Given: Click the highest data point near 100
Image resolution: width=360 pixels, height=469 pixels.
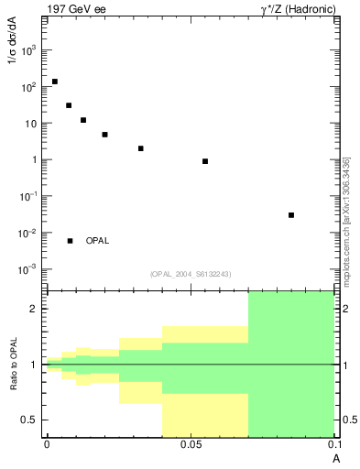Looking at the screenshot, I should (x=55, y=82).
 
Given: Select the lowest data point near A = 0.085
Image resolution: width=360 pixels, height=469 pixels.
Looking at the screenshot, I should (x=291, y=215).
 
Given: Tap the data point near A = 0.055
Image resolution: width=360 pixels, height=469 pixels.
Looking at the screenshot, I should (x=205, y=161).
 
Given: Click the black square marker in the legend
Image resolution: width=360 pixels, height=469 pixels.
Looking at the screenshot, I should (x=70, y=241).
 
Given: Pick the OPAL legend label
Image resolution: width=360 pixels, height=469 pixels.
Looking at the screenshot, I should (x=97, y=241).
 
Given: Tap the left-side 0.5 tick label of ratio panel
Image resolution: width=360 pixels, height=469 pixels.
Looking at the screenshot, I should (x=32, y=420).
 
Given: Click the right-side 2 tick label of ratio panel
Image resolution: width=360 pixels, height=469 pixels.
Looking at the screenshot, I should (x=343, y=310).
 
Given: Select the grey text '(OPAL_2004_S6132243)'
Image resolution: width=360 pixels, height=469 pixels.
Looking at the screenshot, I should (x=191, y=274).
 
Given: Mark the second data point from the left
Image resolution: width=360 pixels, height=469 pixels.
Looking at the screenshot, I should (x=69, y=105).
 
